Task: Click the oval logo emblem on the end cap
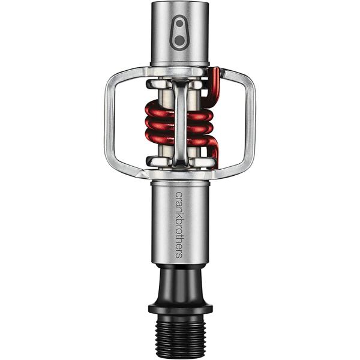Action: point(179,32)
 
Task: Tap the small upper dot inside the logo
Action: point(179,25)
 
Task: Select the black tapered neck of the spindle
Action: point(180,285)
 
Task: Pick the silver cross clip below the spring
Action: point(180,161)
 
